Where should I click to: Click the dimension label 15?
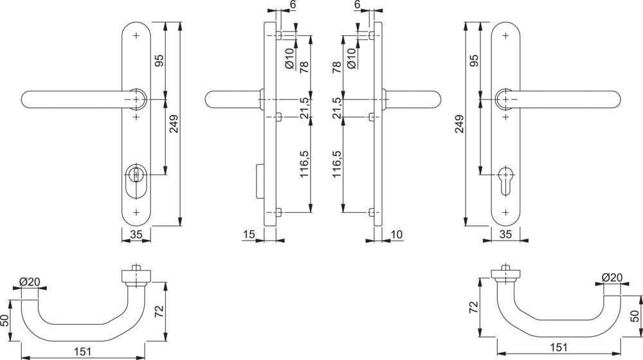249,234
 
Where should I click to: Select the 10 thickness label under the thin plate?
397,234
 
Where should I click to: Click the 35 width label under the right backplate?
505,234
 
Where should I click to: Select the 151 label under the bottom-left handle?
82,352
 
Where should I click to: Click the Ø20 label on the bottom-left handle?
30,282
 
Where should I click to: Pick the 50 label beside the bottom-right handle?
634,316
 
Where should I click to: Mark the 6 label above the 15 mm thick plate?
293,4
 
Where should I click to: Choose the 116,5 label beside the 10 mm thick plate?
336,163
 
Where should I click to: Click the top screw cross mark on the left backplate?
136,35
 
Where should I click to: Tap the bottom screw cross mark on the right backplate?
505,212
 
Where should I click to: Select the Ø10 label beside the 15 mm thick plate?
289,59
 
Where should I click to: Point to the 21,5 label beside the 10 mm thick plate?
336,108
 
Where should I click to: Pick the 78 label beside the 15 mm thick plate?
304,66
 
